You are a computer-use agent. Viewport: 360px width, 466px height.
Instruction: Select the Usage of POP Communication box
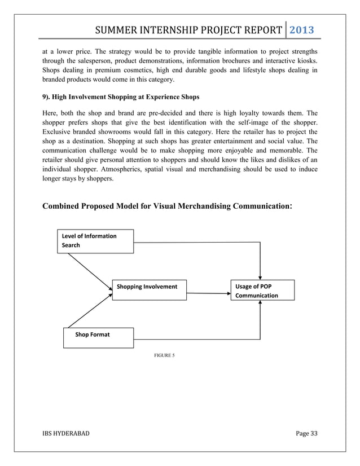coord(262,291)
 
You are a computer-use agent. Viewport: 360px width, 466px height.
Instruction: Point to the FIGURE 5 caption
coord(164,356)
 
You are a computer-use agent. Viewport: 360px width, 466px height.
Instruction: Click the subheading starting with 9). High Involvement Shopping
coord(121,97)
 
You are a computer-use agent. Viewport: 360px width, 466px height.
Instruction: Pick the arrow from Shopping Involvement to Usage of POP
coord(208,293)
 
